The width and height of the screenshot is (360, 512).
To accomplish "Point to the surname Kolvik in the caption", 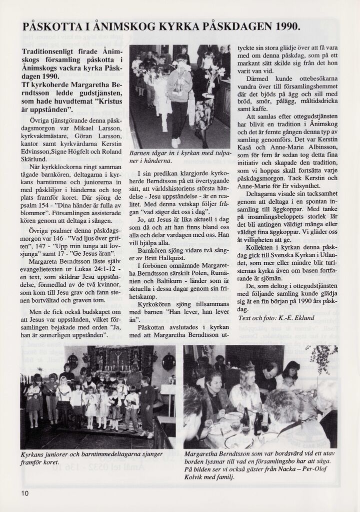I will pos(195,476).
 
